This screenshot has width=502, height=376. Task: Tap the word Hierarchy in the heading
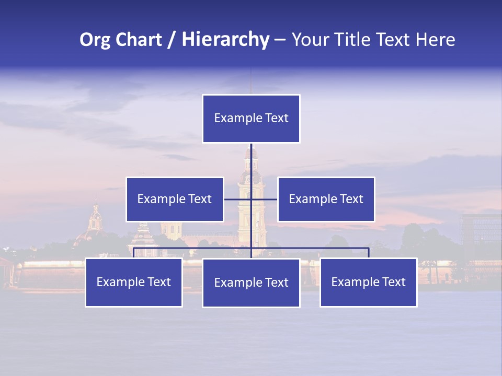225,40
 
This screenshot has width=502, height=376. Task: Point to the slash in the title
172,40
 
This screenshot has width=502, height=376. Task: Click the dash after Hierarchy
280,40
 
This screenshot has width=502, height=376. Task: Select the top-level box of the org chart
251,119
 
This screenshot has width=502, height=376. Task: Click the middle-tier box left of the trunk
175,199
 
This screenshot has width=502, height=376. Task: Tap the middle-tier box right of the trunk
326,199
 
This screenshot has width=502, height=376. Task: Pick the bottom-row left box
134,283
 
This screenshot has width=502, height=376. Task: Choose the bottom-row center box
251,283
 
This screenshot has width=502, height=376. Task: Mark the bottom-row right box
369,283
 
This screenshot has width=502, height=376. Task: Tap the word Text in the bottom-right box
393,283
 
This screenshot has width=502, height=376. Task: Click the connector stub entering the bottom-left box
134,253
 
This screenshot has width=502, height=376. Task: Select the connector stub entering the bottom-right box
369,253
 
